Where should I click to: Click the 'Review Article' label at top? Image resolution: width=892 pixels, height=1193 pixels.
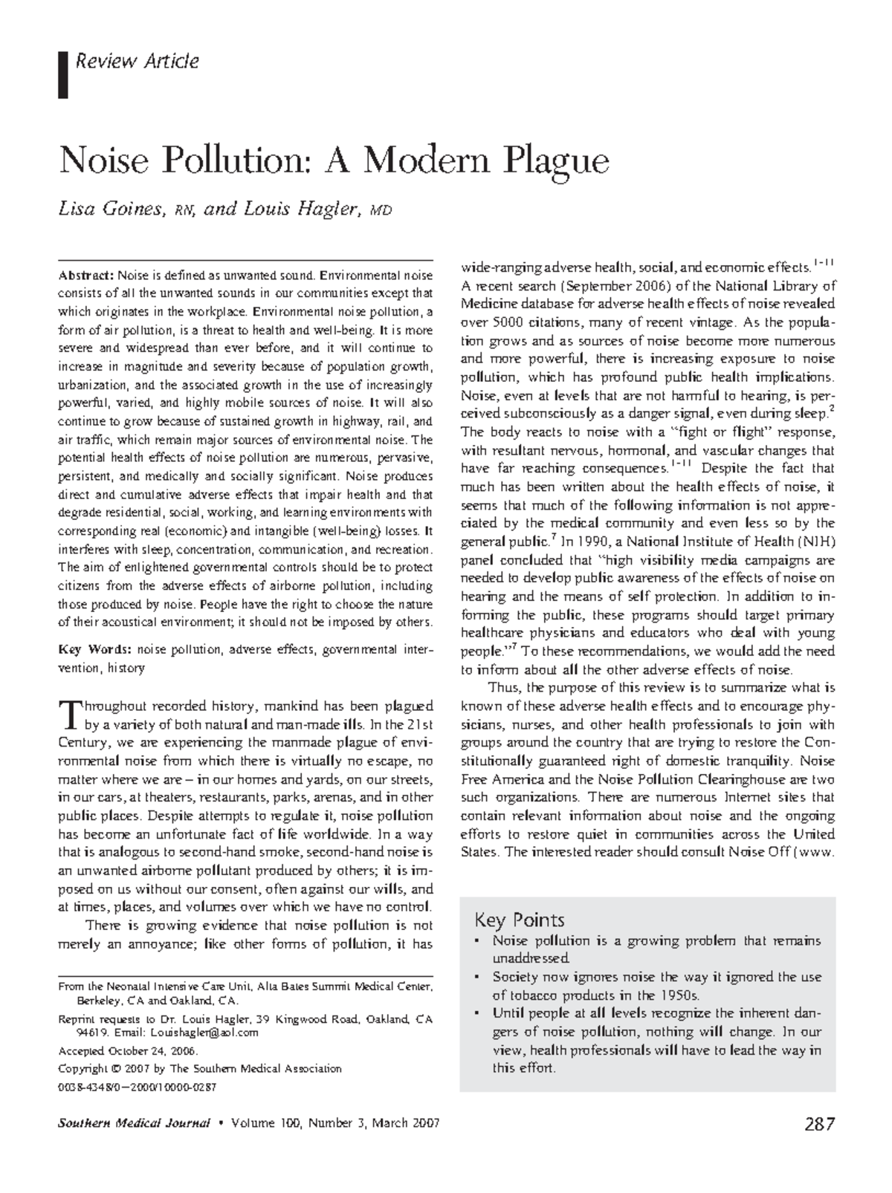(x=138, y=61)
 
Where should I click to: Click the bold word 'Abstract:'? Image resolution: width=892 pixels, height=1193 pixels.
(x=85, y=276)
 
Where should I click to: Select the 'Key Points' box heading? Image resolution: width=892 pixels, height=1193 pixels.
(x=519, y=920)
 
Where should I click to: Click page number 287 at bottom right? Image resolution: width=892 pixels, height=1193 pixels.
(x=819, y=1124)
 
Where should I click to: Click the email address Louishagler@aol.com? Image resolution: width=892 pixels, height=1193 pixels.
(x=204, y=1033)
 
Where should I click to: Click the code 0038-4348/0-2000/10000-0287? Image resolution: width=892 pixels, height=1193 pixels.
(x=137, y=1087)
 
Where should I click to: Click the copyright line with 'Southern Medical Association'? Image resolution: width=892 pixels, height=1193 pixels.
(x=199, y=1069)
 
